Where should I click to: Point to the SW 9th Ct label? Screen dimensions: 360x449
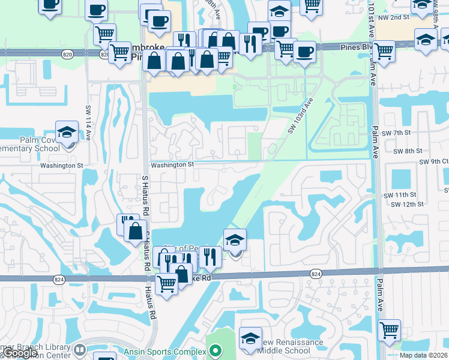pos(434,162)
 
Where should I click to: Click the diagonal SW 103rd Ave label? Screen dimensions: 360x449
pos(300,116)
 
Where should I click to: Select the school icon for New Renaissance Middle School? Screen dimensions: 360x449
pos(250,339)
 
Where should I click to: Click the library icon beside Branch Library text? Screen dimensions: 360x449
pos(80,349)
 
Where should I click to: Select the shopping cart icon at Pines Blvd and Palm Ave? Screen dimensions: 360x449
pos(383,51)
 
